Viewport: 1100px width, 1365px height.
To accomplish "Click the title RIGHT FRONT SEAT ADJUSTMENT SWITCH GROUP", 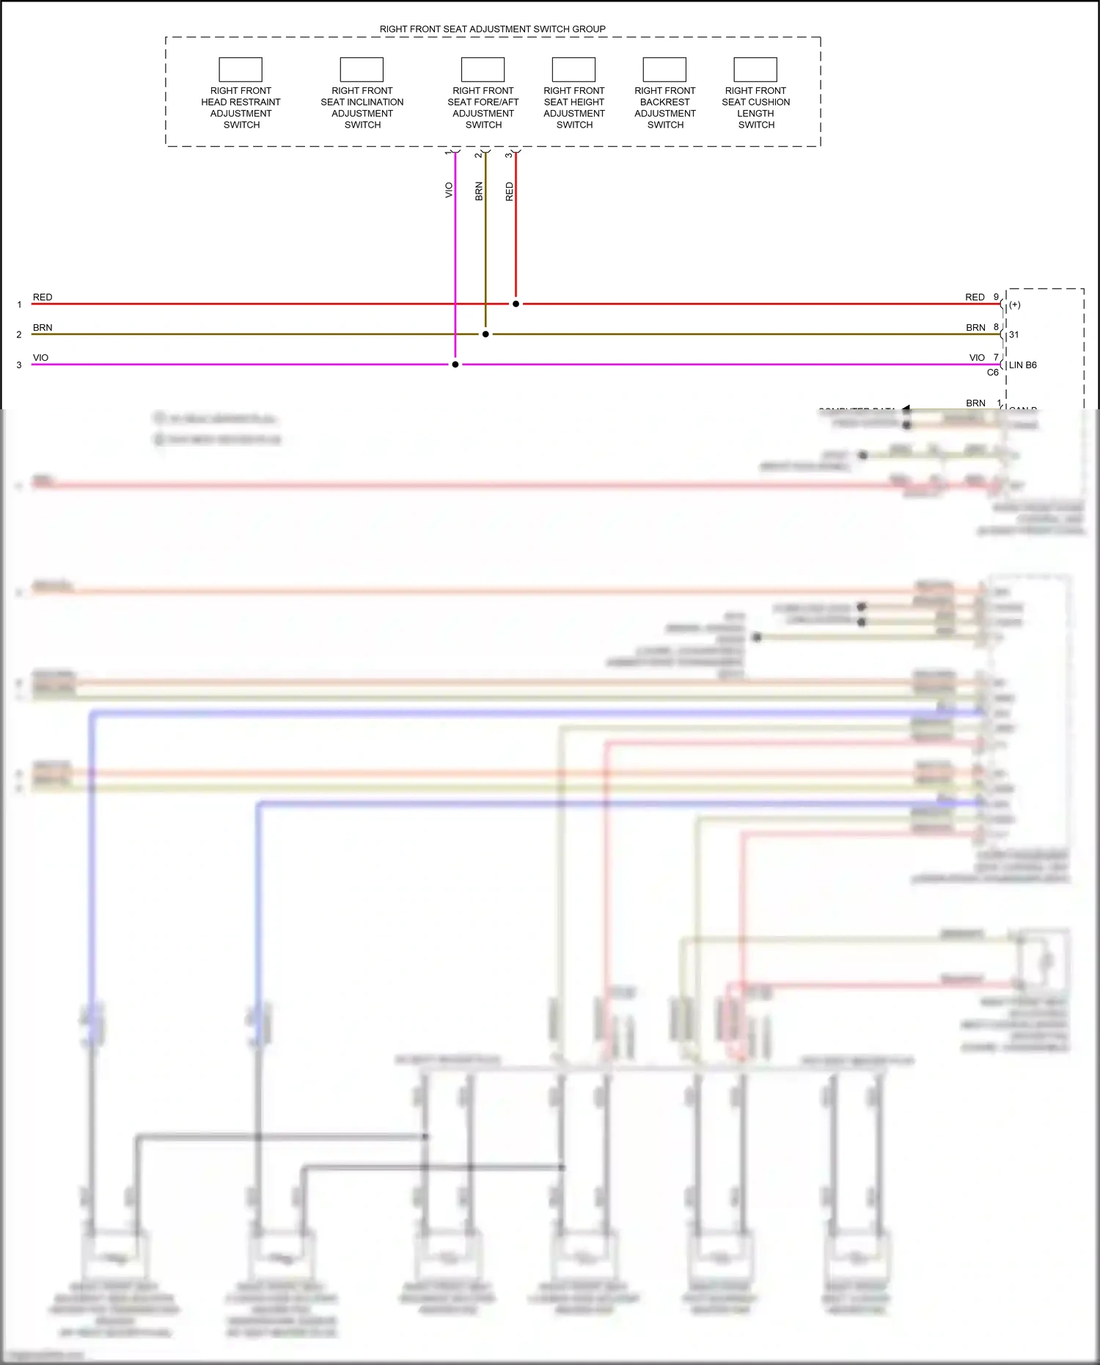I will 492,29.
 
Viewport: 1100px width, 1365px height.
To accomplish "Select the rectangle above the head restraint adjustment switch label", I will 241,70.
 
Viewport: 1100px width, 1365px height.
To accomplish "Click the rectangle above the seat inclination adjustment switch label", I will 362,70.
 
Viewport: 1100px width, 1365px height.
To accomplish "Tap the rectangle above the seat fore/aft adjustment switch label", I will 483,70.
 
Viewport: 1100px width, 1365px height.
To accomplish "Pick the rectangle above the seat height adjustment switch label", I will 573,70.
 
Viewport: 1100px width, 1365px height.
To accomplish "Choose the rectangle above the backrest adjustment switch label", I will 664,70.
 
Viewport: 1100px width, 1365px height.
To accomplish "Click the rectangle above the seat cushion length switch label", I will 755,70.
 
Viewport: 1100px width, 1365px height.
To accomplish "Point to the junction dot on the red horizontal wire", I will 516,304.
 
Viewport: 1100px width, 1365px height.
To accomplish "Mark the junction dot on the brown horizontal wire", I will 485,334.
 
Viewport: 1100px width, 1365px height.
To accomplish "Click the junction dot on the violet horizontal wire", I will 455,365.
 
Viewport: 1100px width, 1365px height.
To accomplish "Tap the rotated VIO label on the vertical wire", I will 449,191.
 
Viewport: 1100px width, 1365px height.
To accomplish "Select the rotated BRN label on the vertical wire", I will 479,191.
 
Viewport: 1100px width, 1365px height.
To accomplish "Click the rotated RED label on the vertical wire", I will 510,192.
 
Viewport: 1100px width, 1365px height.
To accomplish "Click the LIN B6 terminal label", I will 1022,365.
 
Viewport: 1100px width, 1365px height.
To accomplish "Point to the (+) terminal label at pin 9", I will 1015,304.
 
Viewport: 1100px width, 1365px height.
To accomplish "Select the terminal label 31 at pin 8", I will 1013,334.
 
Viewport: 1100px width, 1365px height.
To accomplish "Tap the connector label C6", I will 992,373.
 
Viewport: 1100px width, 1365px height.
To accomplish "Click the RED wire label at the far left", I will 43,297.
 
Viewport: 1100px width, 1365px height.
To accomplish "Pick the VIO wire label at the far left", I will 40,358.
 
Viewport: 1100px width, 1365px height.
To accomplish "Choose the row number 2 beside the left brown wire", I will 19,334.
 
